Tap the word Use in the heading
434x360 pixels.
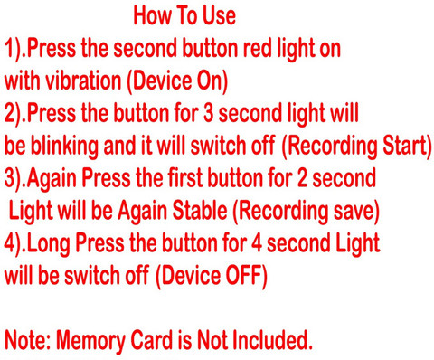[x=219, y=15]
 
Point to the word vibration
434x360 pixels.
[x=83, y=81]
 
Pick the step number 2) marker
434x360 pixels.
[x=14, y=114]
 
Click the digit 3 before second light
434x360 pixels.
[x=208, y=113]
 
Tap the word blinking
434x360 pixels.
[x=64, y=147]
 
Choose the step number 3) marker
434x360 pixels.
[x=14, y=179]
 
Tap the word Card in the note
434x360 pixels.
[x=152, y=340]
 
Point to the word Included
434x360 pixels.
[x=273, y=340]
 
